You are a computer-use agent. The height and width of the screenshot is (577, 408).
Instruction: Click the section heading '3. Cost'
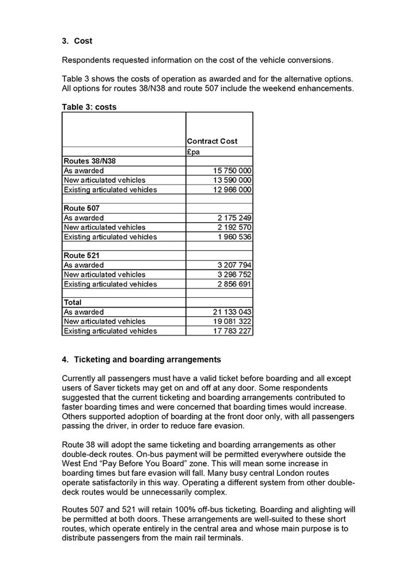(77, 42)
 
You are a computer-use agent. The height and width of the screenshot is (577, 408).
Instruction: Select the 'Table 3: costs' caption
(89, 107)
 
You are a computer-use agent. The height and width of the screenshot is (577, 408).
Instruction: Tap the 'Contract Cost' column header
(211, 141)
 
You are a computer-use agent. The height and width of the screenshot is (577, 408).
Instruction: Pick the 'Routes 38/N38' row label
(89, 161)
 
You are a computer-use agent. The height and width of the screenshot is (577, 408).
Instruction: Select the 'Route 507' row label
(82, 208)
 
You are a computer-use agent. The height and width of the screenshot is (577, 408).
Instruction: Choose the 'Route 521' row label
(82, 256)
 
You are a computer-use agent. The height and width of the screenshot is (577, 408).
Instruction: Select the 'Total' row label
(73, 302)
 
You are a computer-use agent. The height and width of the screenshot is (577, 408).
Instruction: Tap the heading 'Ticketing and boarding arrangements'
(148, 359)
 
